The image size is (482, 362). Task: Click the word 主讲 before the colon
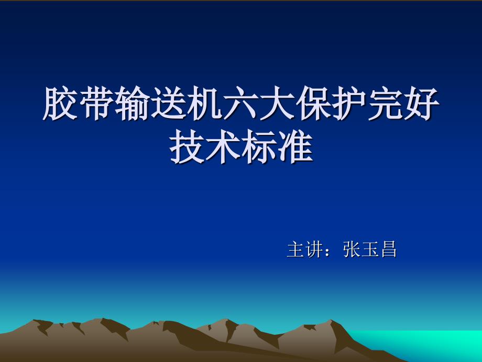pyautogui.click(x=305, y=249)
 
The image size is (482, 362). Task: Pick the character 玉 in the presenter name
pyautogui.click(x=369, y=249)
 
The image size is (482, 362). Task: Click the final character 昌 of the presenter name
pyautogui.click(x=388, y=249)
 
